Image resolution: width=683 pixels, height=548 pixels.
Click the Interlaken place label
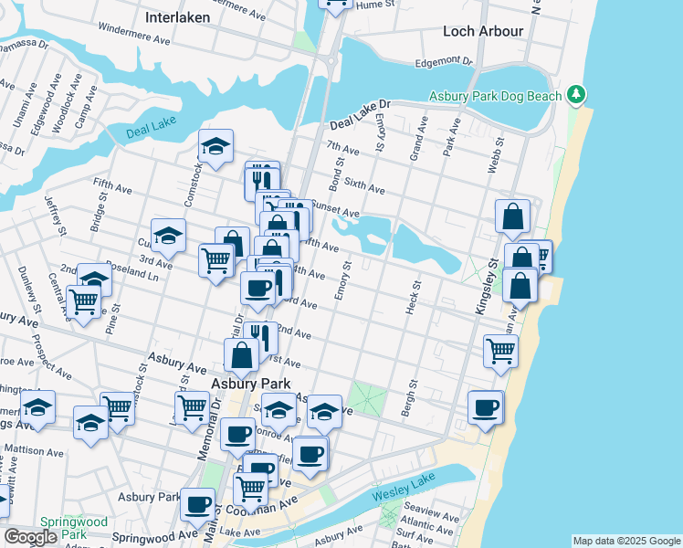pyautogui.click(x=177, y=17)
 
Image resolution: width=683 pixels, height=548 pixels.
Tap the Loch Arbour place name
pyautogui.click(x=483, y=31)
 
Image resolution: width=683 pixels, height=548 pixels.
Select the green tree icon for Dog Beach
pyautogui.click(x=575, y=94)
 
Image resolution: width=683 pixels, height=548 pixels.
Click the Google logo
pyautogui.click(x=30, y=537)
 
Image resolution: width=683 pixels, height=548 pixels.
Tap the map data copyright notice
pyautogui.click(x=625, y=541)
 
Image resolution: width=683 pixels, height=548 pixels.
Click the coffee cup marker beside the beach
pyautogui.click(x=486, y=407)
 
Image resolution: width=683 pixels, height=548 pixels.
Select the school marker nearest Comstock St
pyautogui.click(x=215, y=146)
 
